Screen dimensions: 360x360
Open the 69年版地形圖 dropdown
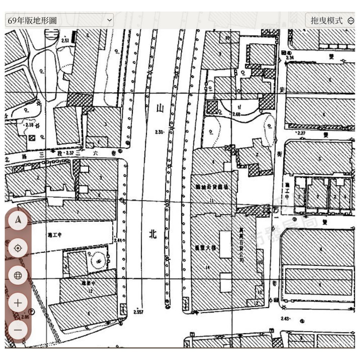59,20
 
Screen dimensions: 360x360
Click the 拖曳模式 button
330,21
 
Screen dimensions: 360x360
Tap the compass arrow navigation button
18,220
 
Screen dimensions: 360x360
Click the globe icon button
18,276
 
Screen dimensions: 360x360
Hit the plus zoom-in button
18,303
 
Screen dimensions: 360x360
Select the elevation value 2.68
236,114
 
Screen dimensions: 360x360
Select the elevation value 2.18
29,125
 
